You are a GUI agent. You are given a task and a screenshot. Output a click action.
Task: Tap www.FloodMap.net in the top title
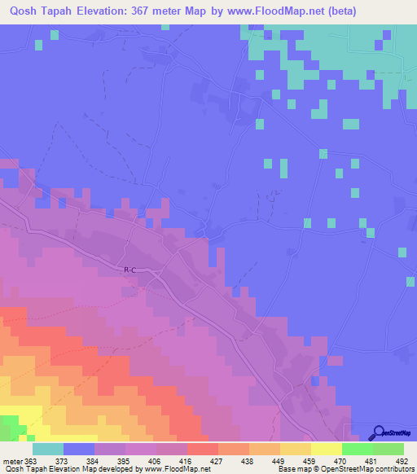click(274, 11)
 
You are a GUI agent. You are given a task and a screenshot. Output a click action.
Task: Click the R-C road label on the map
click(130, 270)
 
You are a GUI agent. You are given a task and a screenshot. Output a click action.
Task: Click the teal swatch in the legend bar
click(48, 449)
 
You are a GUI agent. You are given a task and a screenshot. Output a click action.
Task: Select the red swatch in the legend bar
click(203, 449)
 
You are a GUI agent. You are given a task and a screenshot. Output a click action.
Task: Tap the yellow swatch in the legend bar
click(327, 449)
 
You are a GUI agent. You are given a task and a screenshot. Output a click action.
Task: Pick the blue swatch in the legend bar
click(79, 449)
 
